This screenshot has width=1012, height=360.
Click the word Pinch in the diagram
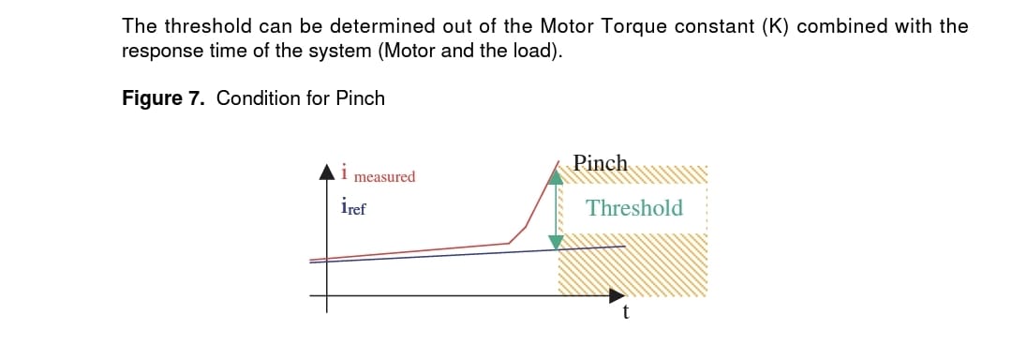[600, 163]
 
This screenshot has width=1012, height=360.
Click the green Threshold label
[634, 208]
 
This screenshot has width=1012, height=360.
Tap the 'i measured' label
[379, 174]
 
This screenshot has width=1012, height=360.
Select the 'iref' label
[353, 206]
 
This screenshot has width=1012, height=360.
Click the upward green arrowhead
[556, 175]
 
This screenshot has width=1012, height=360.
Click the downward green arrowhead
[556, 242]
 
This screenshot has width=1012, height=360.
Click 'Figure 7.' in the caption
[163, 98]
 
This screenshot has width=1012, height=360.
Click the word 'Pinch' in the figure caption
[360, 98]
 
